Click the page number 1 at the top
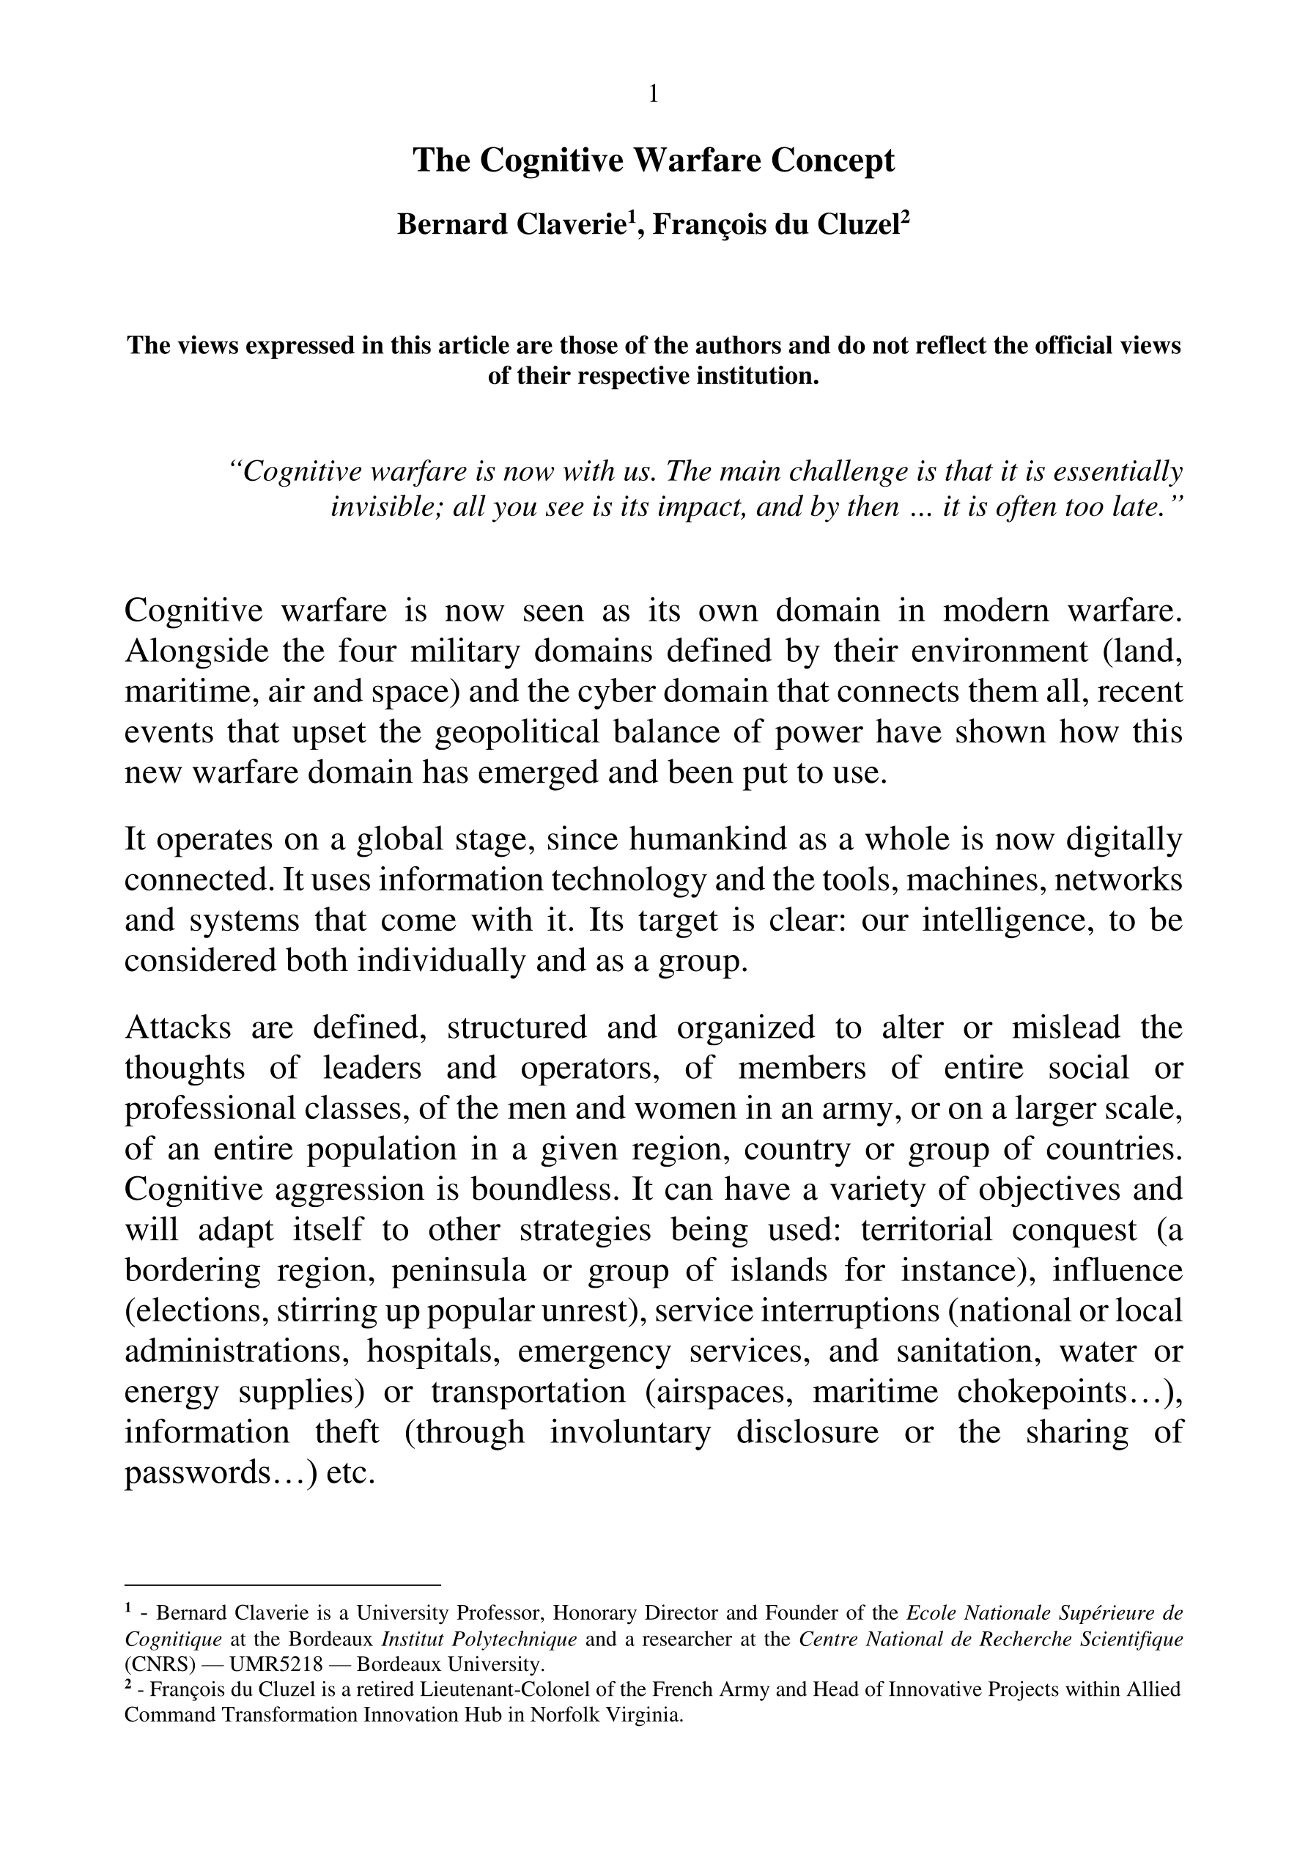click(653, 95)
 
